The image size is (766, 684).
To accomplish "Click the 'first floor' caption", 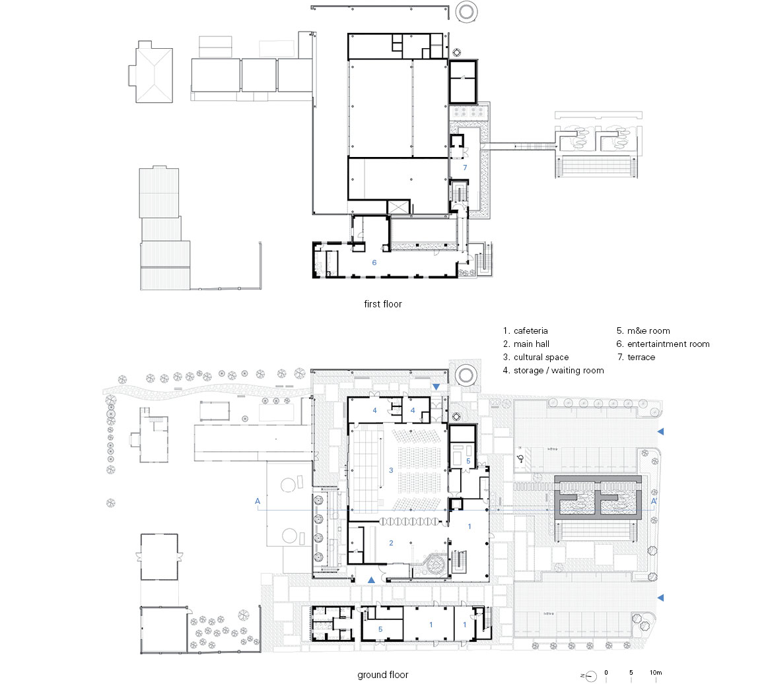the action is [382, 304].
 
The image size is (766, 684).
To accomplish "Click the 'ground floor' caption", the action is [382, 675].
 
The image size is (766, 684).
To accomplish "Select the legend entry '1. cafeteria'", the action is [525, 330].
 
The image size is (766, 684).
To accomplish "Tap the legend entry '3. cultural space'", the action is [536, 357].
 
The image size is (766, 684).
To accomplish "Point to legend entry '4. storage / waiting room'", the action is [553, 370].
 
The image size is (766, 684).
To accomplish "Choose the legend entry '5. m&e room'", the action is [643, 330].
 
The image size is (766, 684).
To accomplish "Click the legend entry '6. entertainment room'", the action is [663, 344].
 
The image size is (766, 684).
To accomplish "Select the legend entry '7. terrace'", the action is [636, 357].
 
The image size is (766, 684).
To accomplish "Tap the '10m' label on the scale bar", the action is [656, 672].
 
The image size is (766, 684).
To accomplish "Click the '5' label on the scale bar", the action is [631, 672].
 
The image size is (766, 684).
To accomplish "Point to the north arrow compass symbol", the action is [590, 675].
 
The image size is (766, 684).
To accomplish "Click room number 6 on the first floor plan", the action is [374, 263].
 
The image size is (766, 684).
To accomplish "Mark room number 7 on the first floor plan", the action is [465, 168].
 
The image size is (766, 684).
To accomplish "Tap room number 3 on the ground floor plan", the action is [391, 470].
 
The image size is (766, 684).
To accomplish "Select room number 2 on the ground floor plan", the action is [391, 542].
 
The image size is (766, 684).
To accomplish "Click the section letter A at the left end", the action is [258, 501].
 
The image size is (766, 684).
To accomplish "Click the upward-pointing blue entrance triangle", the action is [371, 580].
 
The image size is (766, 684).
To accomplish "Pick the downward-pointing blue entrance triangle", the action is [436, 387].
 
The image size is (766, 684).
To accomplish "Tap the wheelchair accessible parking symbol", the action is [521, 458].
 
